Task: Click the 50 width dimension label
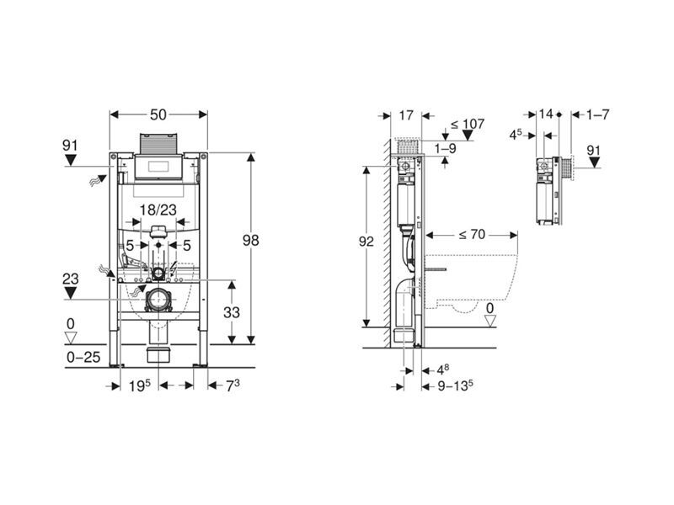tap(158, 114)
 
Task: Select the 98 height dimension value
tap(250, 241)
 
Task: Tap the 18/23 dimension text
tap(158, 210)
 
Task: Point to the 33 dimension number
tap(231, 312)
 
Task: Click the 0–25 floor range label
tap(83, 357)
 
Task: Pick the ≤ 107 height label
tap(468, 124)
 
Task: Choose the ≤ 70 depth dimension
tap(472, 235)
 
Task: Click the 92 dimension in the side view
tap(366, 242)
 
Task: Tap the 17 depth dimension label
tap(406, 115)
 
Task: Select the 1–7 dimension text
tap(598, 114)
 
